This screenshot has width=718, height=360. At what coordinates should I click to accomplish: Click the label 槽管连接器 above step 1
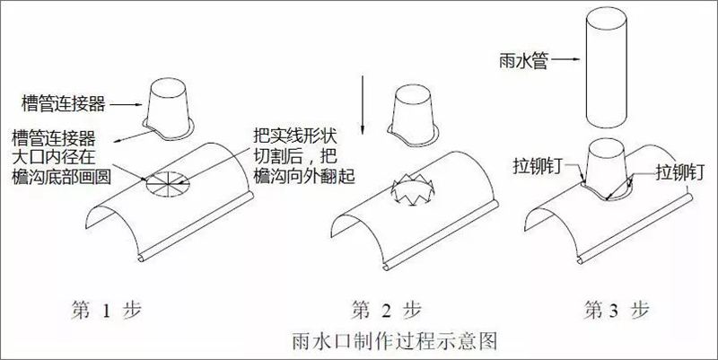66,104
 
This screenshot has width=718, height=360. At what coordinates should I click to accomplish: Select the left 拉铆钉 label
535,168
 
